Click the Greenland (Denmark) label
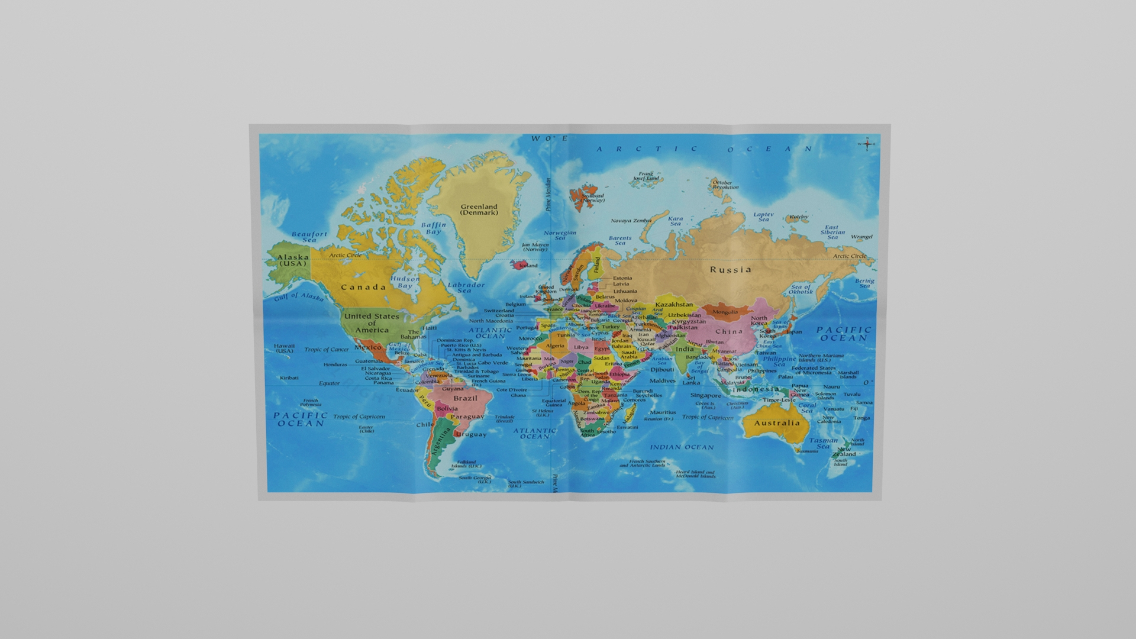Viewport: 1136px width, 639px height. click(479, 209)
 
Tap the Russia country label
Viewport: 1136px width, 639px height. click(731, 270)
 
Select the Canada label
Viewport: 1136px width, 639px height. click(363, 288)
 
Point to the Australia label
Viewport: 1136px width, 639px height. click(777, 423)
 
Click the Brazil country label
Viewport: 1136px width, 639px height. click(465, 398)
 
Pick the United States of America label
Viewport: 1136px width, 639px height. click(372, 323)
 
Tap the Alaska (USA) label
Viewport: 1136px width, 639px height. click(293, 260)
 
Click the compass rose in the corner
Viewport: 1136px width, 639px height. click(867, 143)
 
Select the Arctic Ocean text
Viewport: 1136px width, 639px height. click(704, 149)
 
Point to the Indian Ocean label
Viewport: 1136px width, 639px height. click(682, 447)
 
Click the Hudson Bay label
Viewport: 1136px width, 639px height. click(405, 282)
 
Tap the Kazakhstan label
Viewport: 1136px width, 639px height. click(674, 305)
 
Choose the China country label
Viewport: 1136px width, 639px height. click(729, 331)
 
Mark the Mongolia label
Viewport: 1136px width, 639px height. click(725, 312)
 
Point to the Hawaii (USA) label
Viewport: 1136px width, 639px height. click(284, 348)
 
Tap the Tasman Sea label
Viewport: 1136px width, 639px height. click(823, 443)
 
